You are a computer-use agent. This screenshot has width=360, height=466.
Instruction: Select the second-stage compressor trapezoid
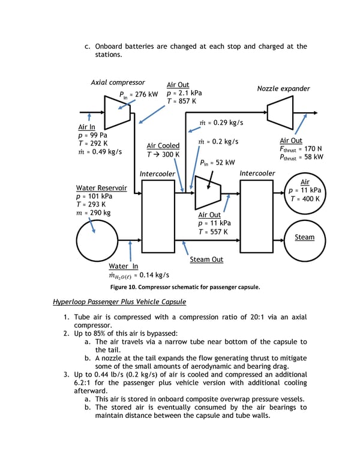208,193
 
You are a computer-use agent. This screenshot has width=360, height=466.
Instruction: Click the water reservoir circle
97,240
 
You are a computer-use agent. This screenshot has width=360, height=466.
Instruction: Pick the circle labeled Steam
305,241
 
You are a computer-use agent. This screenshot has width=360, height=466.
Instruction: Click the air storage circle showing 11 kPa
305,193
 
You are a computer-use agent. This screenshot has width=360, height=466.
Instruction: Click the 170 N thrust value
313,148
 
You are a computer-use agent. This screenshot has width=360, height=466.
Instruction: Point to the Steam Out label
206,259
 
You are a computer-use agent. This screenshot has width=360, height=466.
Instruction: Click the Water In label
123,266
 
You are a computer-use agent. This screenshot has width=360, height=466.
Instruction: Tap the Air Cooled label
163,145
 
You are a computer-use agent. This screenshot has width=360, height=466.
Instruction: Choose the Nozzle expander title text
283,88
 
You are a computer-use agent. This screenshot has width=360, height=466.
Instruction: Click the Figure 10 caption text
185,287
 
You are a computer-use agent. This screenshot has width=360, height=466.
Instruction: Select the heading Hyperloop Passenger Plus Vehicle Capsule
119,302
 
